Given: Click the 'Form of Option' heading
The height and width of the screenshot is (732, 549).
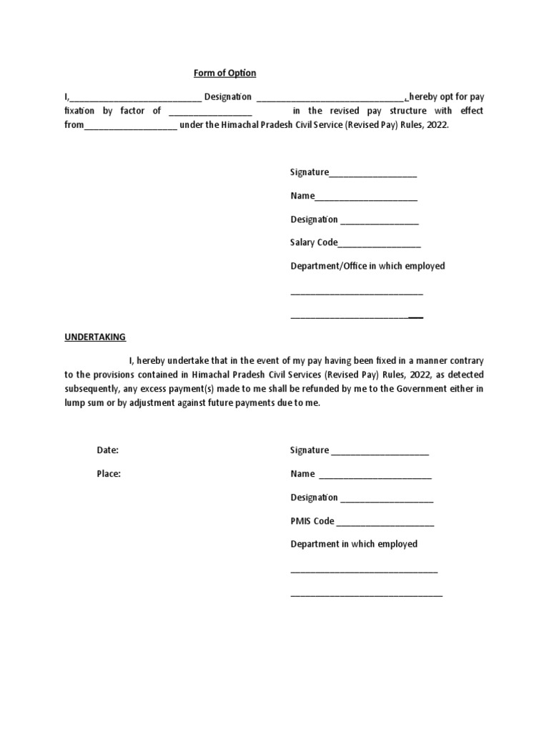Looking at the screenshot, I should click(x=224, y=73).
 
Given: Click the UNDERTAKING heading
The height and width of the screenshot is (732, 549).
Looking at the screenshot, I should click(x=95, y=337).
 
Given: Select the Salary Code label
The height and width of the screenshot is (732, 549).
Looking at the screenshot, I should click(x=314, y=243).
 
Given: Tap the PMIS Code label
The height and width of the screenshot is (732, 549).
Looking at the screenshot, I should click(x=312, y=521).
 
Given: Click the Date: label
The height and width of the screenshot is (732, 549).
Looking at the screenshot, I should click(x=107, y=450).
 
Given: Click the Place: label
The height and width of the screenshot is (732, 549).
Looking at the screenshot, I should click(x=109, y=474).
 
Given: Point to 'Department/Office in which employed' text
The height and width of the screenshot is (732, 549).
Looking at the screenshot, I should click(x=367, y=266).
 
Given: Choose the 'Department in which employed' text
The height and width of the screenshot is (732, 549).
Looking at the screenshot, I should click(x=354, y=544).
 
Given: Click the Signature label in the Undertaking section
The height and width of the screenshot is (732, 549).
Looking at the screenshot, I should click(x=310, y=450).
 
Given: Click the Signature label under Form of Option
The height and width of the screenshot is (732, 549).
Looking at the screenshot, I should click(x=310, y=172).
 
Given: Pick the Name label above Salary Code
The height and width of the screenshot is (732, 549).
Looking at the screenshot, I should click(x=302, y=196).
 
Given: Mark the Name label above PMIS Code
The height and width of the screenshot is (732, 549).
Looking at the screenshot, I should click(x=302, y=474).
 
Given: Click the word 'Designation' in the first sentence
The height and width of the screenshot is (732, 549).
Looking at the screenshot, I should click(x=228, y=97).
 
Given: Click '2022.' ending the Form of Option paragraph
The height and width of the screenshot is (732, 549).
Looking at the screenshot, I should click(x=438, y=124).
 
